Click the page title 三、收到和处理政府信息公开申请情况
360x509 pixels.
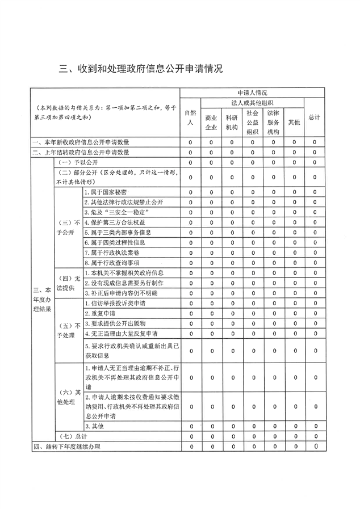(x=141, y=69)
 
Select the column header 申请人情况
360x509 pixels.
(x=253, y=92)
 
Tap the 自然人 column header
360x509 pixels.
(x=191, y=117)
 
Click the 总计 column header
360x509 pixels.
(x=314, y=117)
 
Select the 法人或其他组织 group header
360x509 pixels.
(x=253, y=103)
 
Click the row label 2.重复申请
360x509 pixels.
(x=100, y=313)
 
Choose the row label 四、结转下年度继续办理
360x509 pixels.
(x=67, y=447)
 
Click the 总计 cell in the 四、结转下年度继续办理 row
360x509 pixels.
(x=314, y=447)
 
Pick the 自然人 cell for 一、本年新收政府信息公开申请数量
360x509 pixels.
(x=191, y=142)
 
